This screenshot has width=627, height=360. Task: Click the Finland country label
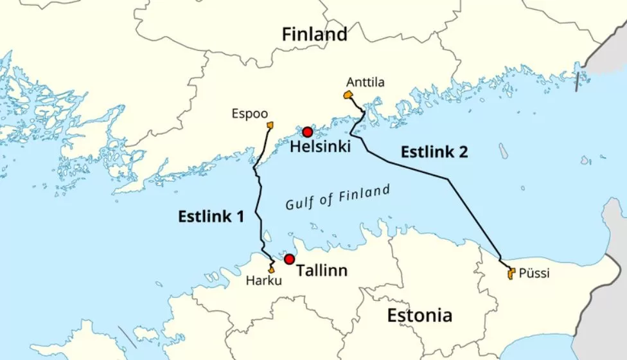pyautogui.click(x=314, y=34)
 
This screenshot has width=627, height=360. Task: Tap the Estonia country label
pyautogui.click(x=419, y=316)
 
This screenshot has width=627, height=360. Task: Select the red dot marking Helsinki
pyautogui.click(x=307, y=132)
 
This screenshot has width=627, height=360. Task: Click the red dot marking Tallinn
pyautogui.click(x=289, y=259)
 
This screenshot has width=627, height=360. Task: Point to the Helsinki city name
pyautogui.click(x=321, y=147)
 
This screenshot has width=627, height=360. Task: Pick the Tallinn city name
pyautogui.click(x=321, y=271)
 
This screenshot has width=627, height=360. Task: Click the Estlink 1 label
pyautogui.click(x=211, y=217)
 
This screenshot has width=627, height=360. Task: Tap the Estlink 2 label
pyautogui.click(x=434, y=152)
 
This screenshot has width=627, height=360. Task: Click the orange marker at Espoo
pyautogui.click(x=270, y=125)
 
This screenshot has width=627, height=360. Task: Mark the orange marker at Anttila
pyautogui.click(x=348, y=95)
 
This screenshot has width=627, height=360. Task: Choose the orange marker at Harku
pyautogui.click(x=272, y=269)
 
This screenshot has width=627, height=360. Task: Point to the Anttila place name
pyautogui.click(x=366, y=82)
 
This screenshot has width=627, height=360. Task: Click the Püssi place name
pyautogui.click(x=534, y=273)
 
